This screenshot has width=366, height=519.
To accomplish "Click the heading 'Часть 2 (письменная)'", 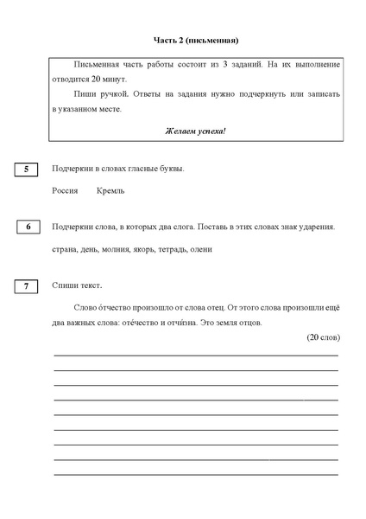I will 195,40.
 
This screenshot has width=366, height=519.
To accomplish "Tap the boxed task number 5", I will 27,170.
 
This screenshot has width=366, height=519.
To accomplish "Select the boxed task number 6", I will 28,227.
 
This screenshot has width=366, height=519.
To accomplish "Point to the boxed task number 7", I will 27,285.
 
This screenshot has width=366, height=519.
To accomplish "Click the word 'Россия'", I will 66,190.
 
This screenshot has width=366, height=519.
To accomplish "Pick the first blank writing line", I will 196,355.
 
